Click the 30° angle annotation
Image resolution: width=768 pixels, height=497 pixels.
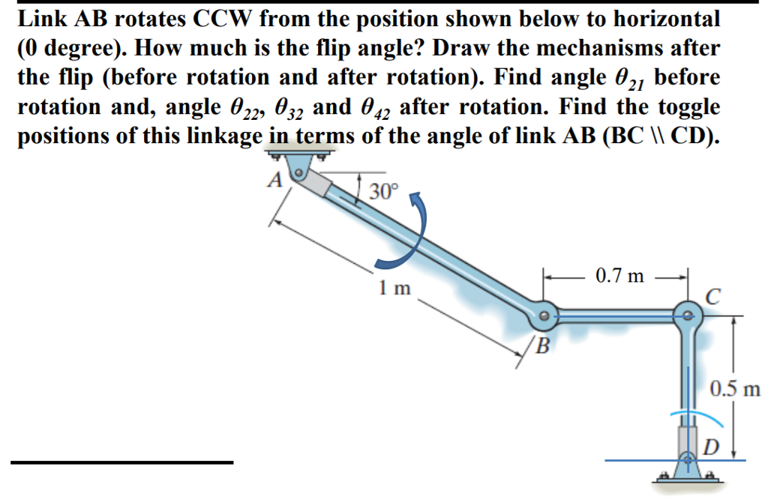point(382,192)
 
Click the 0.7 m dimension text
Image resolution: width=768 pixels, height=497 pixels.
point(619,276)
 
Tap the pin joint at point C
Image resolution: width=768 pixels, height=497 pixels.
point(685,316)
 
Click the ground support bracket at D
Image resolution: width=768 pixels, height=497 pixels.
point(686,472)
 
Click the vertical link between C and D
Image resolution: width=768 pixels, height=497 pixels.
point(686,375)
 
